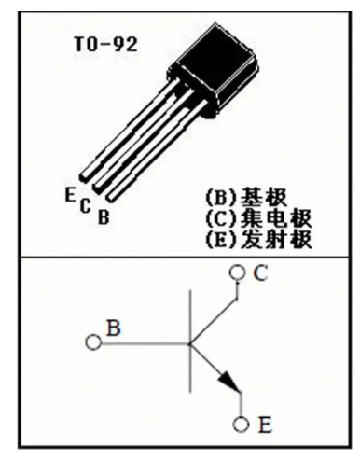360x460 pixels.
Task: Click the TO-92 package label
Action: pyautogui.click(x=105, y=44)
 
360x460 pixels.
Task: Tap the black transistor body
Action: pyautogui.click(x=215, y=70)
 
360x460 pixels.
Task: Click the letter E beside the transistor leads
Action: pyautogui.click(x=70, y=194)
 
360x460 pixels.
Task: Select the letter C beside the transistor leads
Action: pyautogui.click(x=85, y=205)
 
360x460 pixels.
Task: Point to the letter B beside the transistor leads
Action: pyautogui.click(x=104, y=217)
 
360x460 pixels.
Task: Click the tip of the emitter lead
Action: pyautogui.click(x=84, y=177)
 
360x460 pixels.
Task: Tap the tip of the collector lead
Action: pyautogui.click(x=98, y=188)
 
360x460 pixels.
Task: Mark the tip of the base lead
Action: pyautogui.click(x=111, y=198)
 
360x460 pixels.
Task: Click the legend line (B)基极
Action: pyautogui.click(x=246, y=197)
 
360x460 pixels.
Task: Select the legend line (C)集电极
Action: pyautogui.click(x=258, y=218)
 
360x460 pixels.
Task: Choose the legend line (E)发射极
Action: pyautogui.click(x=258, y=240)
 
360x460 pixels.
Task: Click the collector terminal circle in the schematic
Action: pyautogui.click(x=238, y=272)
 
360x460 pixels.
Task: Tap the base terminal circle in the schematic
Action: pyautogui.click(x=93, y=342)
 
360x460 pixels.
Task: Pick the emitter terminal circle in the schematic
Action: pyautogui.click(x=241, y=425)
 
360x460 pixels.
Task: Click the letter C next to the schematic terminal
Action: pyautogui.click(x=260, y=272)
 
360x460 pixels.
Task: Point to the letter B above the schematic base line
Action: pyautogui.click(x=114, y=328)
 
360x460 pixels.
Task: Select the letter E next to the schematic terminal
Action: pyautogui.click(x=265, y=425)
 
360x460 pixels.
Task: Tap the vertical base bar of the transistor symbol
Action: pyautogui.click(x=190, y=342)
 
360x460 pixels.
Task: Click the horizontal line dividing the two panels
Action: pyautogui.click(x=185, y=258)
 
